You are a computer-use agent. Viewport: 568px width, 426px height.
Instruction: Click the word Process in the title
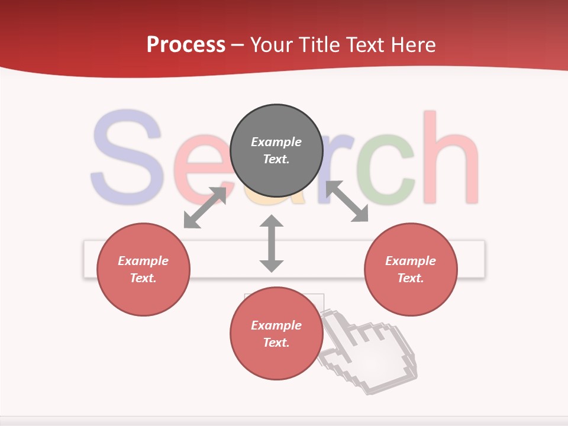(x=186, y=45)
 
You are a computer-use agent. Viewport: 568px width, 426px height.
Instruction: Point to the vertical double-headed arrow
(x=272, y=243)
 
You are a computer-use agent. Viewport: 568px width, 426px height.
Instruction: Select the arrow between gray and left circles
(x=205, y=208)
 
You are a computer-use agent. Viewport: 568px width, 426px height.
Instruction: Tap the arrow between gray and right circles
(x=347, y=202)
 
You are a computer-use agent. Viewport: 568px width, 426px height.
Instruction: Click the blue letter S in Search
(x=125, y=157)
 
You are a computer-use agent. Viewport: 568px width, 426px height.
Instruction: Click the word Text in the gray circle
(x=276, y=159)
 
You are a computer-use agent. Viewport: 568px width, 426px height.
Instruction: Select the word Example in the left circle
(x=143, y=261)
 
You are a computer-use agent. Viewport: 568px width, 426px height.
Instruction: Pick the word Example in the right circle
(x=411, y=261)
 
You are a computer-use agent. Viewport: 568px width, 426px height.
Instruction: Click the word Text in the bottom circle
(x=276, y=343)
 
